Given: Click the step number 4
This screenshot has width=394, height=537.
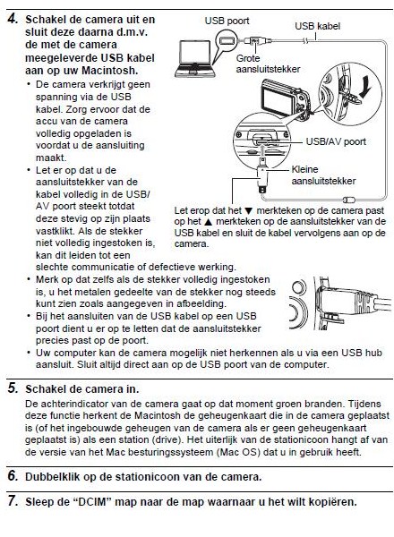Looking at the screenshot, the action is point(13,19).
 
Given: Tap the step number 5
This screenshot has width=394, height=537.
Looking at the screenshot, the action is point(13,388).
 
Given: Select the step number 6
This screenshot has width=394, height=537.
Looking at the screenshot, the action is point(13,476).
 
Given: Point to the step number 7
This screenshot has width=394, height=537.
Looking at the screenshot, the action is point(13,501).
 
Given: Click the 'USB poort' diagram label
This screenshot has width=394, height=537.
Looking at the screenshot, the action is point(227,21).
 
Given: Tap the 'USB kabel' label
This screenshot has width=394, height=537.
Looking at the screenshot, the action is point(317,26).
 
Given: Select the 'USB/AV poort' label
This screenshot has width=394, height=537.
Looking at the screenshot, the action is point(336,141).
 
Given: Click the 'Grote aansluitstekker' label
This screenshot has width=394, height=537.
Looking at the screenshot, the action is point(268,64).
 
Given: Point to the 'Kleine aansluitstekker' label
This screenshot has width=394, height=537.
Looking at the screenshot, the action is point(323,175).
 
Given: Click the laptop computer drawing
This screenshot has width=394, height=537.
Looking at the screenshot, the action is point(194,58).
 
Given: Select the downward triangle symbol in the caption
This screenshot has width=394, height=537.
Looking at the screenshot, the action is point(249,211).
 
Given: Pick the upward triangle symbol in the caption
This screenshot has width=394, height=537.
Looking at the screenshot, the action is point(206,222).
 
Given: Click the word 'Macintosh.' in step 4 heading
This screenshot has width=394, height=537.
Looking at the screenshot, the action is point(110,71).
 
